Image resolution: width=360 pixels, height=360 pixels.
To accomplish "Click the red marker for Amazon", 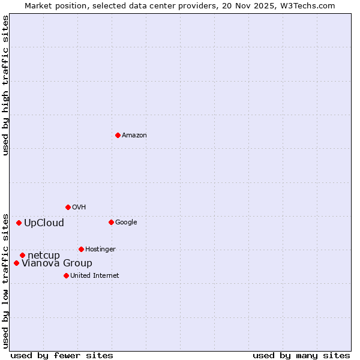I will click(x=118, y=135).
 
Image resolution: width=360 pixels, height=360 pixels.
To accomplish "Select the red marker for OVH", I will click(x=68, y=207).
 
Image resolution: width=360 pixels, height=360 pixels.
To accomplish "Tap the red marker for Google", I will click(x=111, y=222).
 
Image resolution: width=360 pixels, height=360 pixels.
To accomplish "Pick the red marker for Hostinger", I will click(x=81, y=249).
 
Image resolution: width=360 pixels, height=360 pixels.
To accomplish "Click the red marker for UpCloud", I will click(x=19, y=223).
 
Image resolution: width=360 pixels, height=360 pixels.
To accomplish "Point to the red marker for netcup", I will click(x=22, y=255).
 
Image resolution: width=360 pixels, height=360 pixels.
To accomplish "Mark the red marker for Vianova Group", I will click(x=16, y=263).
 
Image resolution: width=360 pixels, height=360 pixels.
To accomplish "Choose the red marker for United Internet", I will click(x=66, y=275).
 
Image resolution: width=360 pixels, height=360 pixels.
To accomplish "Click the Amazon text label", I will click(x=134, y=136).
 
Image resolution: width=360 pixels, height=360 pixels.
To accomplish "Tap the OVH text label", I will click(x=79, y=208).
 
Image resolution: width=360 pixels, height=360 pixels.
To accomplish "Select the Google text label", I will click(x=126, y=223).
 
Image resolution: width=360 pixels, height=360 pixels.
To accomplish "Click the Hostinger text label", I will click(x=100, y=250).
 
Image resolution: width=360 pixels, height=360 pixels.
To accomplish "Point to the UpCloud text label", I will click(x=44, y=223).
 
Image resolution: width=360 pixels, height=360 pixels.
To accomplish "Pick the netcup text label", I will click(x=44, y=256).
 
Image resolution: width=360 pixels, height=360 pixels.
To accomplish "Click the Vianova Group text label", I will click(x=57, y=263).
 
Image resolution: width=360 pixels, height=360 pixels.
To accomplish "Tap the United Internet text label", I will click(x=95, y=276).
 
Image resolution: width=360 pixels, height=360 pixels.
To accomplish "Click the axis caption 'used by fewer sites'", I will click(x=62, y=356).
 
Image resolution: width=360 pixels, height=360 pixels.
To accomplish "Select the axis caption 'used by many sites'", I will click(x=301, y=356).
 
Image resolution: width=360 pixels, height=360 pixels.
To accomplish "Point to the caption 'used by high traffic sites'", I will click(x=5, y=85).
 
